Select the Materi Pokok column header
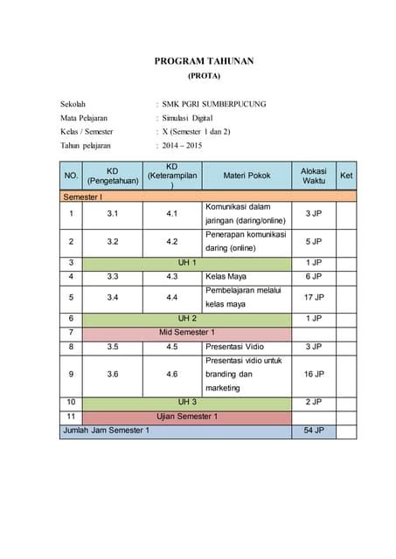coord(247,176)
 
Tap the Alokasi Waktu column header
coord(313,176)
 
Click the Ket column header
coord(346,176)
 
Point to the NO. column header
coord(71,176)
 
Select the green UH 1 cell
coord(187,262)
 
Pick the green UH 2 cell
coord(187,318)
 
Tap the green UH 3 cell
coord(187,402)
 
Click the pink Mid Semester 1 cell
coord(187,332)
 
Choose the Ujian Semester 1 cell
coord(187,417)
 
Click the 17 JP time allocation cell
coord(313,297)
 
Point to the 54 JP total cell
coord(313,431)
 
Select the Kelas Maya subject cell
coord(226,276)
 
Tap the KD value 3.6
coord(112,374)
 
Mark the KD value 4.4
coord(172,297)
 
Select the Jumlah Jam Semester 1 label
coord(106,431)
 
